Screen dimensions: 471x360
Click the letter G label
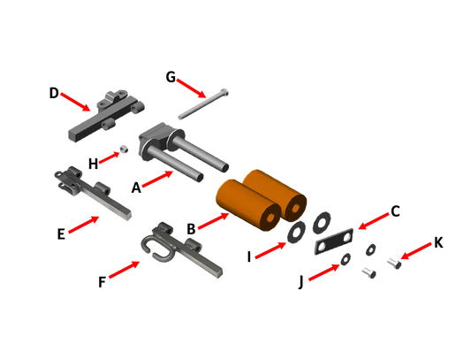click(171, 77)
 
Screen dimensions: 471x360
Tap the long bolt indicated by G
click(203, 104)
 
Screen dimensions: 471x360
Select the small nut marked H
click(125, 149)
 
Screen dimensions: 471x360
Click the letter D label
click(54, 93)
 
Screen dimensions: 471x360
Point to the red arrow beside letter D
click(75, 102)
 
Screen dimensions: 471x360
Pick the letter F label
click(103, 282)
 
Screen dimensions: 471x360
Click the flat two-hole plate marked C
click(334, 241)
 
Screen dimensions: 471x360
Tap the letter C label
click(395, 211)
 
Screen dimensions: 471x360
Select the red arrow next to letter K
click(416, 251)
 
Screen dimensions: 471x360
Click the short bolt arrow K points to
click(395, 264)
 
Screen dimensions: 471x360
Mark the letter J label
click(300, 282)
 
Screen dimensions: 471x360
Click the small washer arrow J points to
click(346, 258)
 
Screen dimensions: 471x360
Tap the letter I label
click(249, 257)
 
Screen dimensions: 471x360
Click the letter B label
click(191, 229)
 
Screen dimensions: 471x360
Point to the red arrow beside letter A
click(157, 179)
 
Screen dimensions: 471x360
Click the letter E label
click(61, 234)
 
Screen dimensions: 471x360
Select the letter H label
click(94, 165)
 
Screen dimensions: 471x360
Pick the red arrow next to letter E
click(84, 225)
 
